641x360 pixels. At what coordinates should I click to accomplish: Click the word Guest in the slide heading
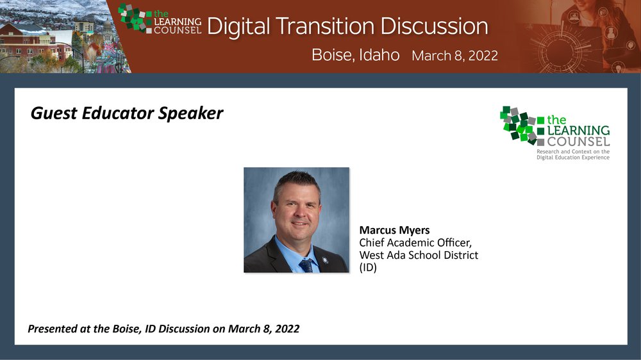(54, 113)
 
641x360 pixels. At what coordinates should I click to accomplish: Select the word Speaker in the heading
(190, 114)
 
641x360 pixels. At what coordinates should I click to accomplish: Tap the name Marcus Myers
(394, 231)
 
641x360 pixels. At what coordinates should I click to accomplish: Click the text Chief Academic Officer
(415, 243)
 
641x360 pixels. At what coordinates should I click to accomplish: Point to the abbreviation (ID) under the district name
(368, 268)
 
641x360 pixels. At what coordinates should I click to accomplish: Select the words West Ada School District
(419, 255)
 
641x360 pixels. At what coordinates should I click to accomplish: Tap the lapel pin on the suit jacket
(325, 260)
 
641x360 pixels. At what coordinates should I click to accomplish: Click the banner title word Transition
(325, 26)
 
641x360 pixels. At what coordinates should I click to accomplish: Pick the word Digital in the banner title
(238, 26)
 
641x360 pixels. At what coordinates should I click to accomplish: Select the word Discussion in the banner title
(434, 26)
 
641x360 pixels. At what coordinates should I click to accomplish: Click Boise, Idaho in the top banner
(355, 54)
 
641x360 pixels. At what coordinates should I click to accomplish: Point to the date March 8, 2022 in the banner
(454, 56)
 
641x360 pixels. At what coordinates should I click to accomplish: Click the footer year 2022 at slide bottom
(287, 329)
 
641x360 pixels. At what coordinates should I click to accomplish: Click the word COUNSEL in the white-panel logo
(578, 142)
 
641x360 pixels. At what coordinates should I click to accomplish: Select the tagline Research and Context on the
(573, 152)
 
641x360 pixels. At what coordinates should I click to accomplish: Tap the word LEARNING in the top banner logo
(178, 22)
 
